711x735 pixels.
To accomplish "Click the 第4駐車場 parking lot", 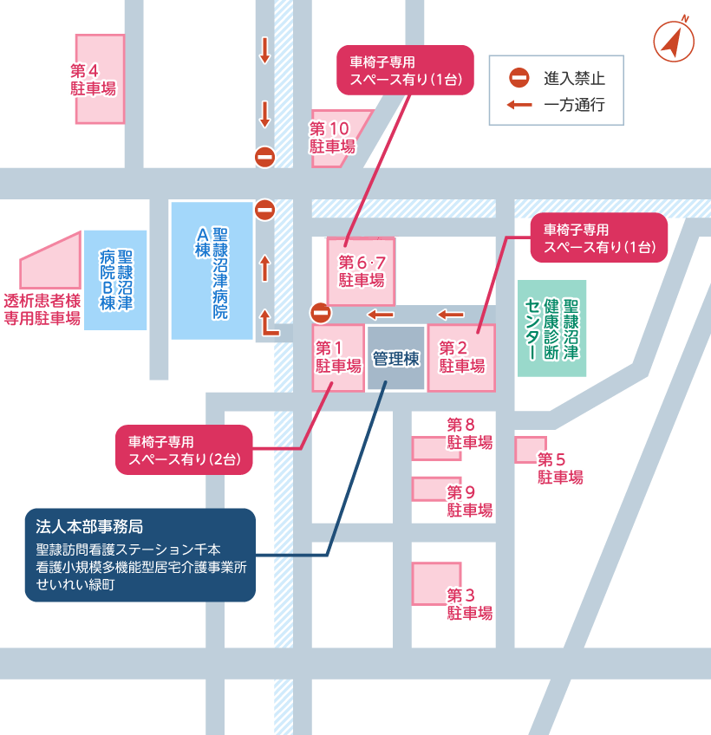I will pos(99,79).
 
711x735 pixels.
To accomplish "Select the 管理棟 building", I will pos(396,358).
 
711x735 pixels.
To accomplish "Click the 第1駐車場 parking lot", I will pos(338,358).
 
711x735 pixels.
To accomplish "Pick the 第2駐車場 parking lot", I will pos(461,358).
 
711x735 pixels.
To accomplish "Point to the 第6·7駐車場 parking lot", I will pos(361,271).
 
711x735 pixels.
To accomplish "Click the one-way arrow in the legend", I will pos(519,106).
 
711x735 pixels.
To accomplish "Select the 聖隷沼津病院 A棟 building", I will pos(212,270).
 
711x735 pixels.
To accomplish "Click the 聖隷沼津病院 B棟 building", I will pos(116,279).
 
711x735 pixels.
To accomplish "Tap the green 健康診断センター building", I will pos(552,328).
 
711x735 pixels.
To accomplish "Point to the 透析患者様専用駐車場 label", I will pos(42,309).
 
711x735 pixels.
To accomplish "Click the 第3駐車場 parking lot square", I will pos(436,584).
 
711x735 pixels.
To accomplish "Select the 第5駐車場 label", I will pos(560,468).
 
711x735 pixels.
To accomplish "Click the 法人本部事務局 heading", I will pos(89,526).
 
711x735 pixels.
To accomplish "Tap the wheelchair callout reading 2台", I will pos(184,450).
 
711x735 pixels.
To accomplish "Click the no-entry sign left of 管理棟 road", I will pos(321,313).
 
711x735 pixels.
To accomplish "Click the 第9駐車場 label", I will pos(470,501).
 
